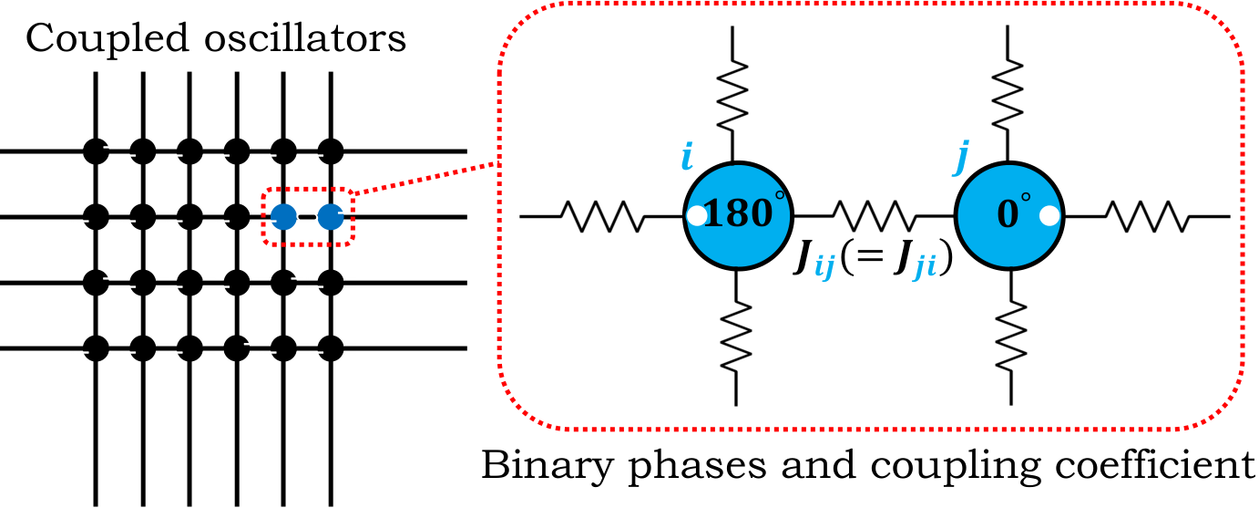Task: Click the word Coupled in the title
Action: [x=107, y=40]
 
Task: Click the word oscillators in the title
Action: [x=305, y=38]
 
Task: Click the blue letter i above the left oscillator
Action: [x=686, y=157]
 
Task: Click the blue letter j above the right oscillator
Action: [x=961, y=160]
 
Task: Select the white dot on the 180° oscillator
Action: [x=697, y=216]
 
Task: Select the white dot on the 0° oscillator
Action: [x=1049, y=216]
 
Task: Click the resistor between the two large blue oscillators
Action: [x=874, y=216]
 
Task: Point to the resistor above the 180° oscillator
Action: [x=732, y=96]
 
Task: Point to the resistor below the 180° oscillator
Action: [x=736, y=336]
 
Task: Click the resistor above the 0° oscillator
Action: [x=1008, y=96]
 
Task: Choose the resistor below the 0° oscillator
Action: [x=1011, y=336]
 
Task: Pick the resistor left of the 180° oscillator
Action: [x=602, y=216]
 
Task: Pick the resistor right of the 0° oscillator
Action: [x=1148, y=216]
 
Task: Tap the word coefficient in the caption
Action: [x=1154, y=465]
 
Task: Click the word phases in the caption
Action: [x=697, y=468]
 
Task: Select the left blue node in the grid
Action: [x=284, y=216]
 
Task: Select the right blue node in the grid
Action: [x=331, y=216]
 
